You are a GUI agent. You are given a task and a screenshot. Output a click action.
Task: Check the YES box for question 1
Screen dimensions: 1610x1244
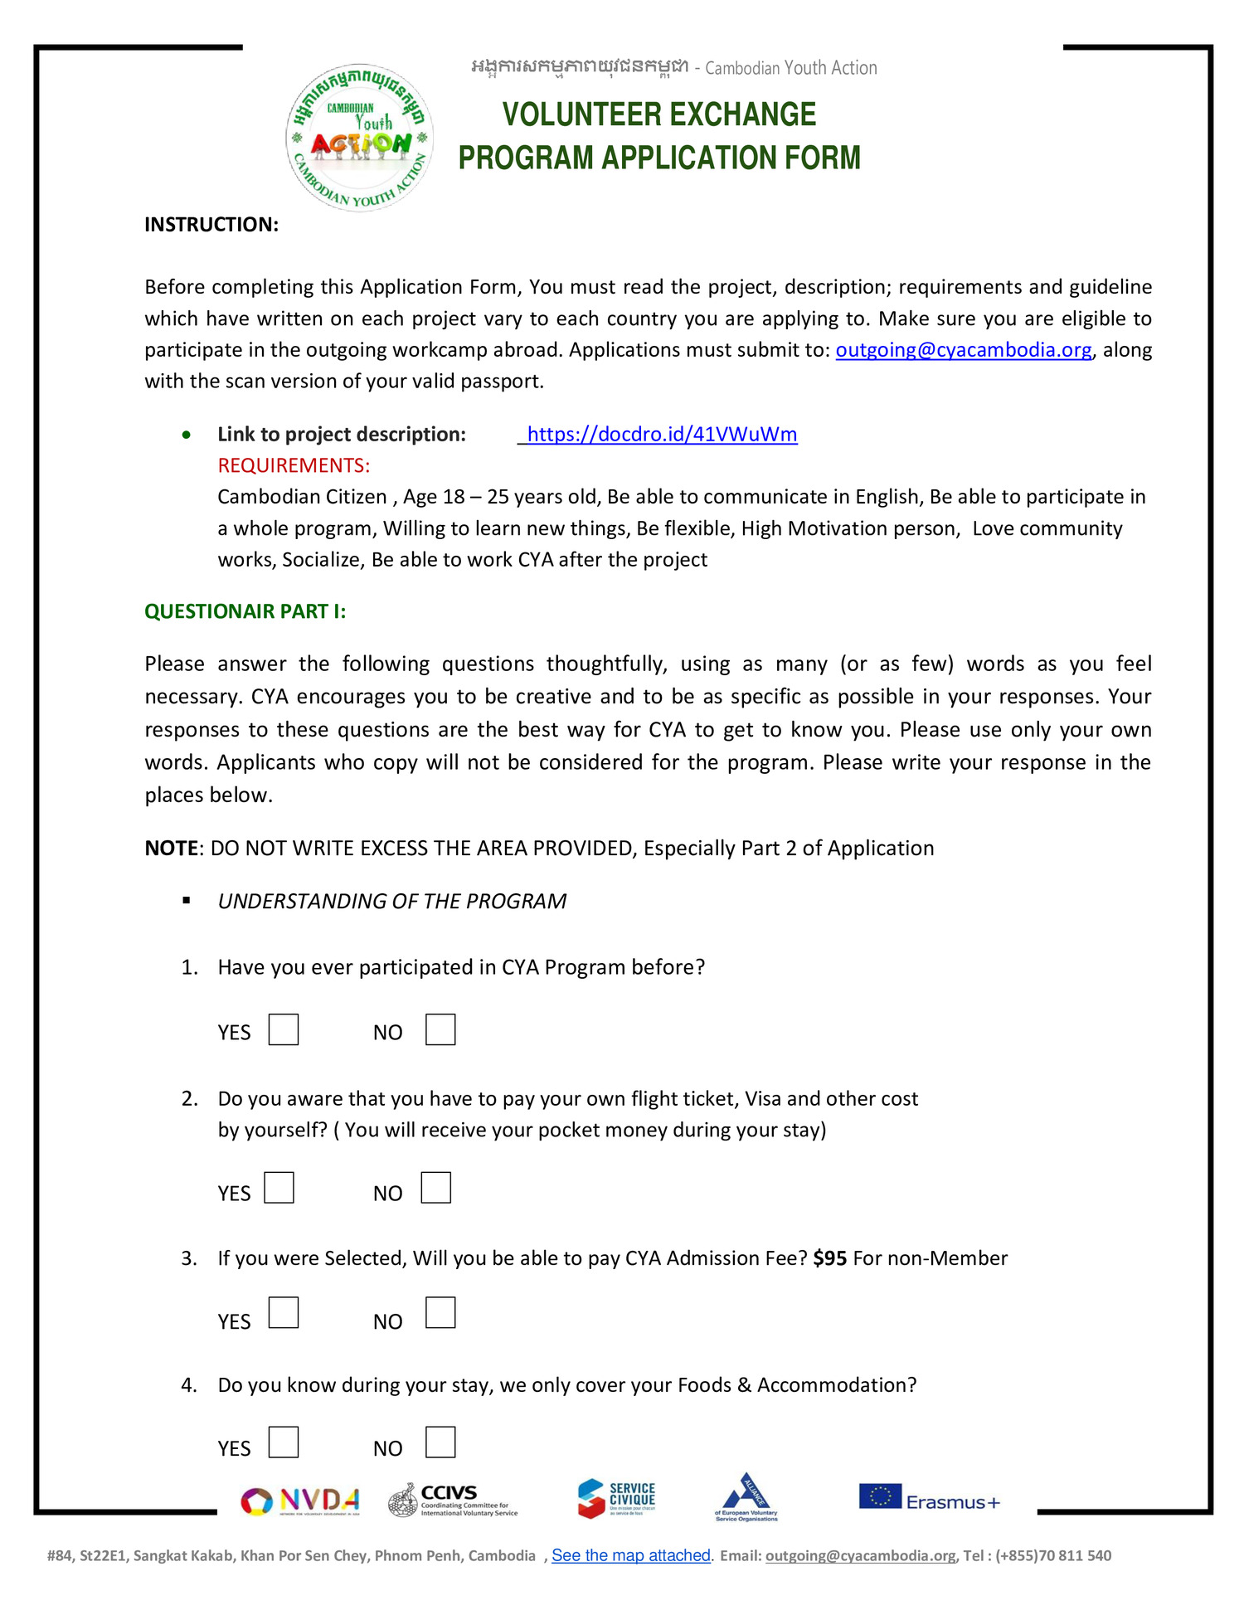[x=284, y=1029]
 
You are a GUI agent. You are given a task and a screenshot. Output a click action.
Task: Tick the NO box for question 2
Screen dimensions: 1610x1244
[x=435, y=1188]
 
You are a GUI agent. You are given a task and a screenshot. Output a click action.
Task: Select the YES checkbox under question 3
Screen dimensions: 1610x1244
[x=284, y=1313]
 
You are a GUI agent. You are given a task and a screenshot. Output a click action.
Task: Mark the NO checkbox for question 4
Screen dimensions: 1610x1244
[x=440, y=1442]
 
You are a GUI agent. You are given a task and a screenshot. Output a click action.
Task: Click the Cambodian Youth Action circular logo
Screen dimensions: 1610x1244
[x=360, y=138]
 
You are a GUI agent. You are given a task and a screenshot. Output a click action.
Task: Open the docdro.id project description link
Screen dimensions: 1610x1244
[x=662, y=434]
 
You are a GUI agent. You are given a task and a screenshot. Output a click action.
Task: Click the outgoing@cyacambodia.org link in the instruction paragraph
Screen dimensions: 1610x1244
[x=963, y=350]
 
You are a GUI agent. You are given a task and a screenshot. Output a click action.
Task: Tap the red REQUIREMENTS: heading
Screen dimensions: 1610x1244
[x=294, y=465]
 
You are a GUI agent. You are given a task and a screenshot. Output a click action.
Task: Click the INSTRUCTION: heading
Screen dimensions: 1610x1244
[x=211, y=225]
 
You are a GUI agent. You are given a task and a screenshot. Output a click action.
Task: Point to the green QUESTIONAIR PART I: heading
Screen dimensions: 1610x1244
[x=245, y=611]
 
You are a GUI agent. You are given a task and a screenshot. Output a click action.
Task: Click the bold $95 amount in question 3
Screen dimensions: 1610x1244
[x=829, y=1258]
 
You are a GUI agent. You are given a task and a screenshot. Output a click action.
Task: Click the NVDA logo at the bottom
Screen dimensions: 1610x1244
[x=300, y=1501]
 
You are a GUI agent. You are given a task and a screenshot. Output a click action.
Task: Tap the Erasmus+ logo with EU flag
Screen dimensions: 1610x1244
[x=929, y=1498]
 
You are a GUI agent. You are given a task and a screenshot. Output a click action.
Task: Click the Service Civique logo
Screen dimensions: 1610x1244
[x=617, y=1498]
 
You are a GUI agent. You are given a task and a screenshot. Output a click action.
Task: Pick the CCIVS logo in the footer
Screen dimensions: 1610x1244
[x=453, y=1500]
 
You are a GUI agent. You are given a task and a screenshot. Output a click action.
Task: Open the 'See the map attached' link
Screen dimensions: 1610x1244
[x=630, y=1555]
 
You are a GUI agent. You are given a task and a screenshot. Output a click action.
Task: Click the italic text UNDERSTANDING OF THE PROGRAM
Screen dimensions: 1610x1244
[x=391, y=902]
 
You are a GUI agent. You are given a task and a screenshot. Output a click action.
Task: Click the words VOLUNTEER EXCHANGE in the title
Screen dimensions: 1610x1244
[x=659, y=114]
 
